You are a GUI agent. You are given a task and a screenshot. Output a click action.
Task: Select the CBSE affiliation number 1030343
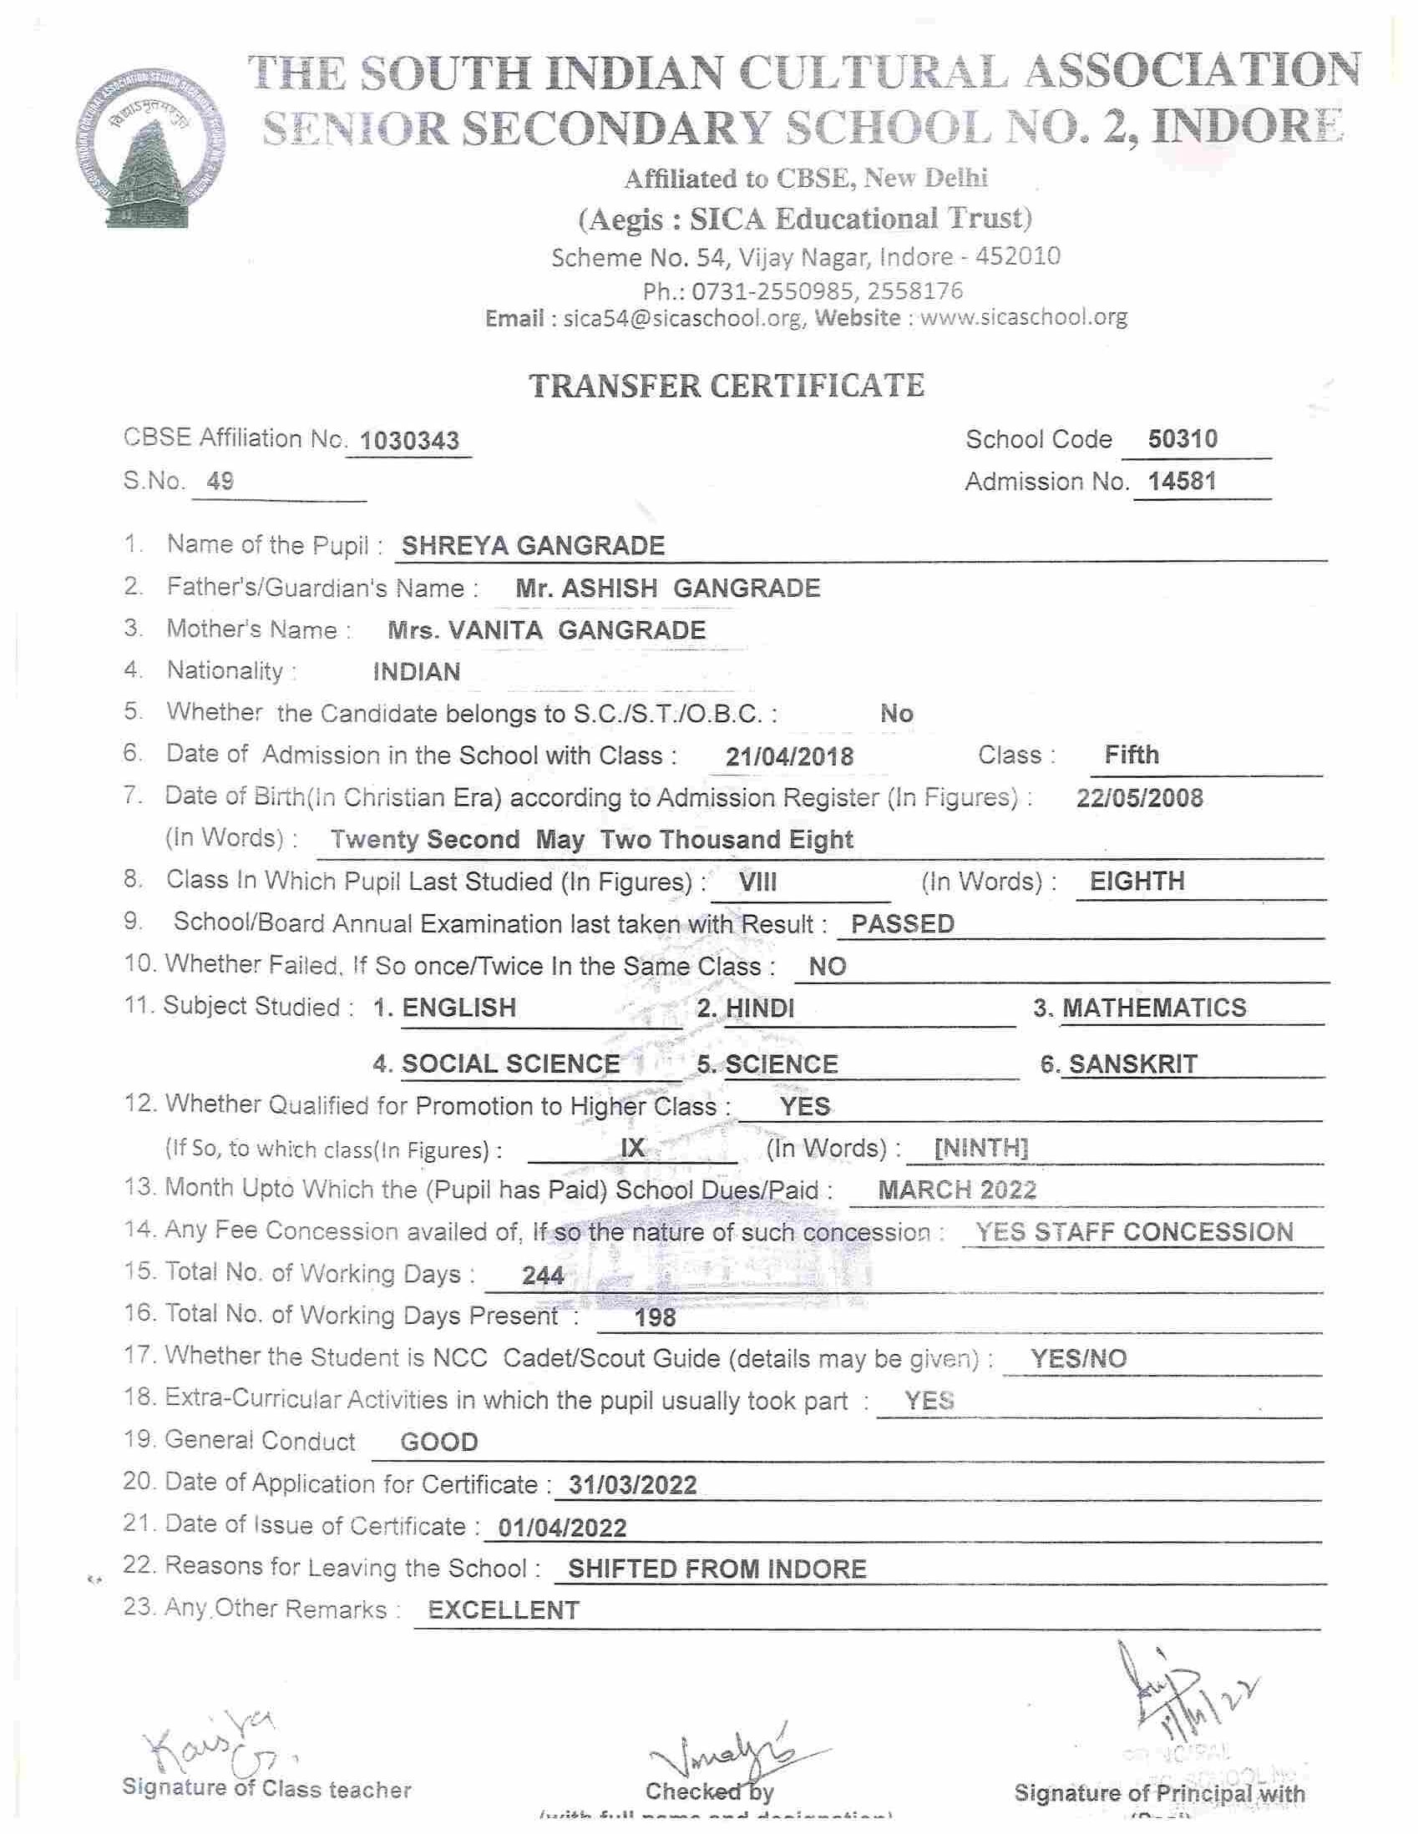point(409,441)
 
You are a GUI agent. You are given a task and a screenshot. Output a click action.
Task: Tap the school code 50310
point(1182,438)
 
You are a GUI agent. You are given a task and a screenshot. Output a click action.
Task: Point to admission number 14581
point(1182,481)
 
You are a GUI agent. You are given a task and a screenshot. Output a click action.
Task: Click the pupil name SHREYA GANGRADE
point(534,546)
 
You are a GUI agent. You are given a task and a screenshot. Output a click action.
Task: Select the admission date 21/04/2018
point(790,756)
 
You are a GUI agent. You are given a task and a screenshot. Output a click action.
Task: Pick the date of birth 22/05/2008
point(1139,798)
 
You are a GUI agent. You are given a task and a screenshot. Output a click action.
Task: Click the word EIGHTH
point(1137,881)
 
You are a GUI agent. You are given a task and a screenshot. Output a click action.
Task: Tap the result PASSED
point(902,924)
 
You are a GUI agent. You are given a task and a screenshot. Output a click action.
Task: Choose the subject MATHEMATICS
point(1154,1008)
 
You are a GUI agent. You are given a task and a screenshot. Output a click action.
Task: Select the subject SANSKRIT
point(1132,1064)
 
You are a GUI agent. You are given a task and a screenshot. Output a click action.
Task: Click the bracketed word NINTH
point(981,1148)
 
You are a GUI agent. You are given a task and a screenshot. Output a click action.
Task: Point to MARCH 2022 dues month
point(957,1190)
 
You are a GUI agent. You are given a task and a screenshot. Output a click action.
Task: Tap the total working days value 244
point(543,1276)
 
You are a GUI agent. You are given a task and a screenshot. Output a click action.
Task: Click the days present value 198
point(656,1317)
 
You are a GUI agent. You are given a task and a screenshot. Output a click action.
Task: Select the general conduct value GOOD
point(439,1442)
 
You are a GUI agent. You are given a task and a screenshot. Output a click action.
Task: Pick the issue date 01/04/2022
point(562,1527)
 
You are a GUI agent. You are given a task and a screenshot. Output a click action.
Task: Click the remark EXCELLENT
point(504,1609)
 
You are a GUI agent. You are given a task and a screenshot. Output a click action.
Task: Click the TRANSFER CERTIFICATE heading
point(727,386)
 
